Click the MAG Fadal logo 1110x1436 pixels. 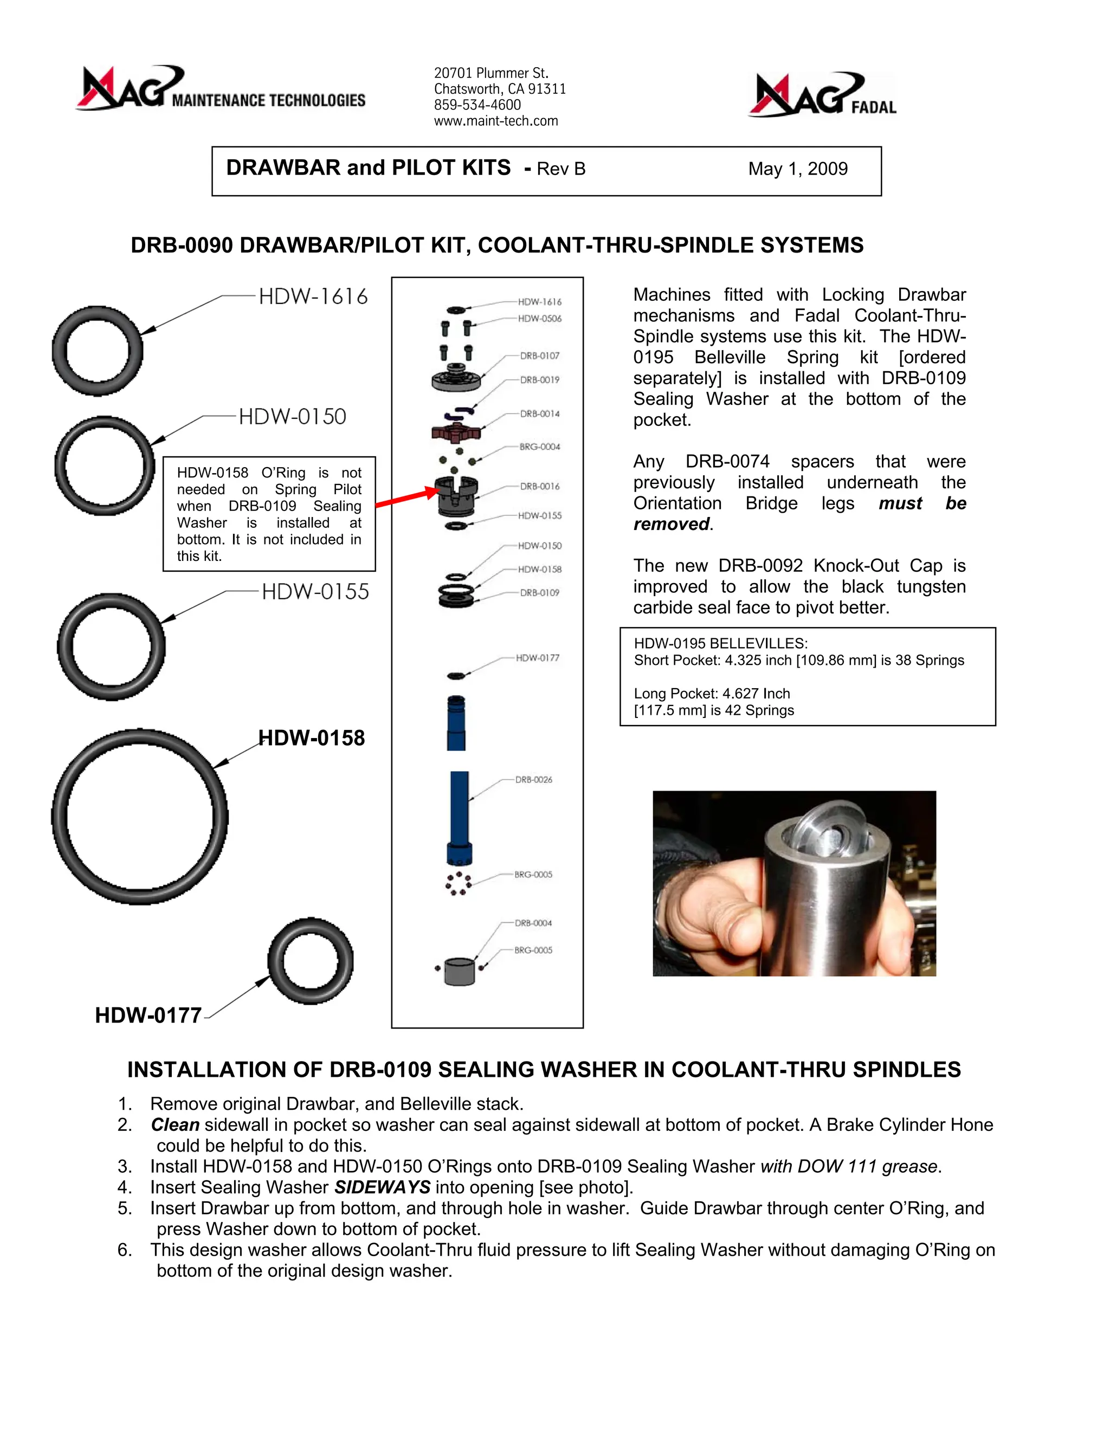coord(822,95)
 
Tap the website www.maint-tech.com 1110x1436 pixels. coord(496,121)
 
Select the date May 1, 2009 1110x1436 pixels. coord(798,169)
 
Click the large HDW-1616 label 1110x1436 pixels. coord(313,296)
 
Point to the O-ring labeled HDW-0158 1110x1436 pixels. coord(139,817)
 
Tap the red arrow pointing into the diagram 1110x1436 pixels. coord(406,498)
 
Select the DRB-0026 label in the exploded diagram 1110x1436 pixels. coord(533,780)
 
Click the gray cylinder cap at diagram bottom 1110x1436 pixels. coord(459,972)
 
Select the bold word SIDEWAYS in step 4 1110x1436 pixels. coord(382,1187)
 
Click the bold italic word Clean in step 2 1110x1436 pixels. coord(175,1125)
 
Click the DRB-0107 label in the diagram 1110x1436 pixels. coord(540,355)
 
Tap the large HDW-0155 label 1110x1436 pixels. coord(315,592)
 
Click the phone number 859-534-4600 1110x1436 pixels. coord(477,105)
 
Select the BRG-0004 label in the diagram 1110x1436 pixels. coord(540,447)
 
